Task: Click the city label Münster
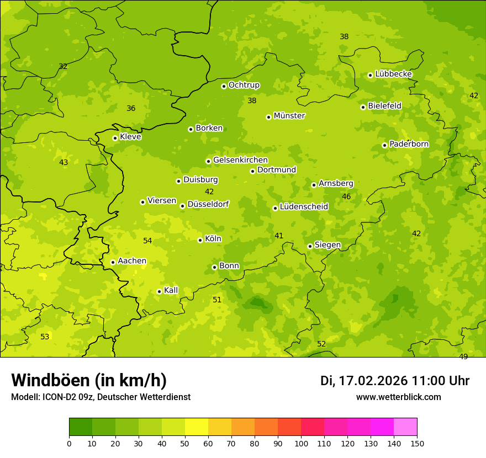(289, 116)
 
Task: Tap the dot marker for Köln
(200, 240)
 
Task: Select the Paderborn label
(409, 144)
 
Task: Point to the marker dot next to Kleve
(115, 138)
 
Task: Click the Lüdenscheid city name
(304, 207)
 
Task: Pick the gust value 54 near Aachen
(147, 241)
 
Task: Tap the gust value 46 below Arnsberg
(346, 196)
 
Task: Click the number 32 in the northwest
(63, 66)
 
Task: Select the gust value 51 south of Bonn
(217, 300)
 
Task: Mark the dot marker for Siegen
(310, 246)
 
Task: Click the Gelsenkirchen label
(240, 160)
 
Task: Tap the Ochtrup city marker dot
(224, 86)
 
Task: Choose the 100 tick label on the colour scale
(301, 443)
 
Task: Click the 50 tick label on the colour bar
(185, 443)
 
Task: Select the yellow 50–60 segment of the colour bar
(197, 427)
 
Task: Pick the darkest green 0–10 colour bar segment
(81, 427)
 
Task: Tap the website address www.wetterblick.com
(398, 397)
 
